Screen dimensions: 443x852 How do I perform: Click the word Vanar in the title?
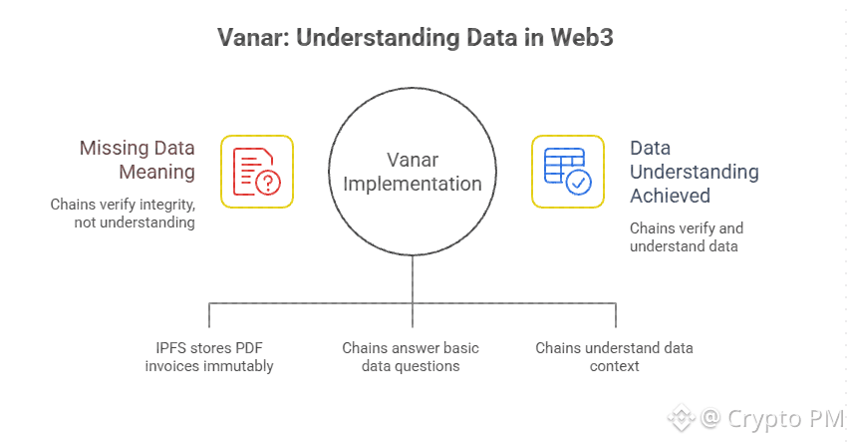[250, 39]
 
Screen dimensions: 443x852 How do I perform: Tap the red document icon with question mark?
[257, 171]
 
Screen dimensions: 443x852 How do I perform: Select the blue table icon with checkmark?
[567, 171]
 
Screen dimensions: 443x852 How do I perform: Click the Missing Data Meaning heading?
[138, 160]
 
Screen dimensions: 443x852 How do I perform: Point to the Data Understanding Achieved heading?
[694, 172]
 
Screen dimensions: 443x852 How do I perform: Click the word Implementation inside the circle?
[412, 184]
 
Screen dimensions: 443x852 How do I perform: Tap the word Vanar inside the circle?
[412, 159]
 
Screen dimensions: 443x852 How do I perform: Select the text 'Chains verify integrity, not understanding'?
[123, 213]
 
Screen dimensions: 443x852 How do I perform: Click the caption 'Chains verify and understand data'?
[686, 236]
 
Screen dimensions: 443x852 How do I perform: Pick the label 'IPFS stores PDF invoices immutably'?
[208, 357]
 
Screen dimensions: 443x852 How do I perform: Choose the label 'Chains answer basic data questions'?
[411, 357]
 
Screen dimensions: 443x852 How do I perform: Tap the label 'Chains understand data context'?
[614, 357]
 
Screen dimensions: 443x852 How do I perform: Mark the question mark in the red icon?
[268, 182]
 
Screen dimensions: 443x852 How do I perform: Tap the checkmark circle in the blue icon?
[578, 183]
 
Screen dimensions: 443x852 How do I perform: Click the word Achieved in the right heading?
[670, 196]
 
